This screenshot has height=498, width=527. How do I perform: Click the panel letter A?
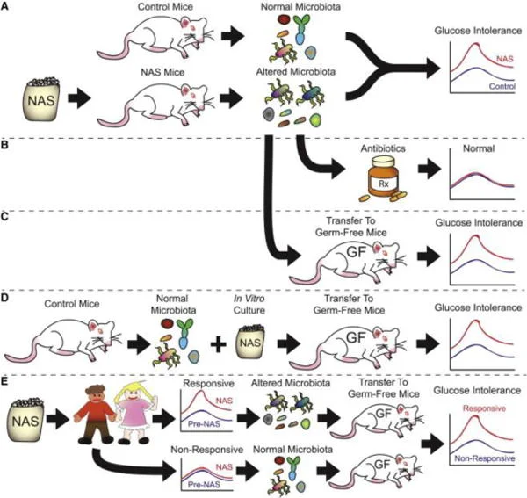(x=7, y=7)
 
